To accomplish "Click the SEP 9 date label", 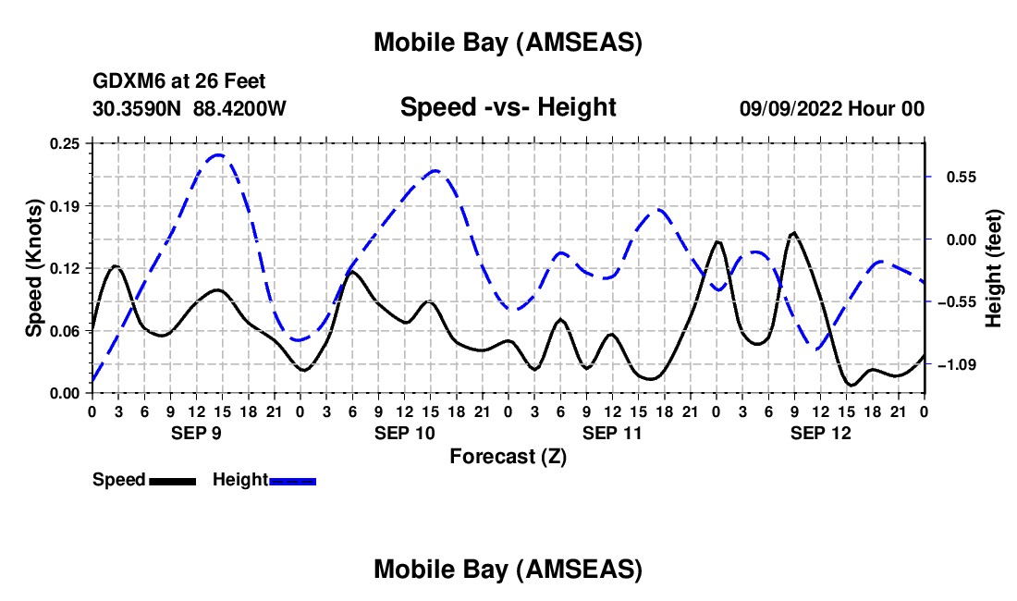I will click(195, 433).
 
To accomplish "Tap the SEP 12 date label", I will click(820, 433).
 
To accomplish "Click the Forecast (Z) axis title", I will click(508, 456).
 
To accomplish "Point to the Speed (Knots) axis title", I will click(34, 268).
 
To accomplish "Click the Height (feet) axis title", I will click(994, 268).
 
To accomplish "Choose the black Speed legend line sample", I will click(172, 481).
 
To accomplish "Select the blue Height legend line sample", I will click(293, 481).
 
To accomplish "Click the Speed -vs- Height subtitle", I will click(508, 107).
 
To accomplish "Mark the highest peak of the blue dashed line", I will click(218, 154).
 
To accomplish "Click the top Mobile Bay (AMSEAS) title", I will click(508, 42).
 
